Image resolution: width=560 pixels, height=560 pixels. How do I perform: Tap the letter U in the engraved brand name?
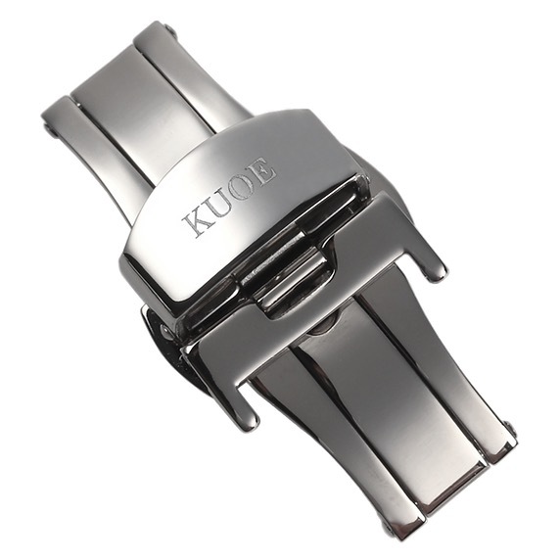(220, 205)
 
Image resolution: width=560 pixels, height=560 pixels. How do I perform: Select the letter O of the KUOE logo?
(245, 188)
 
